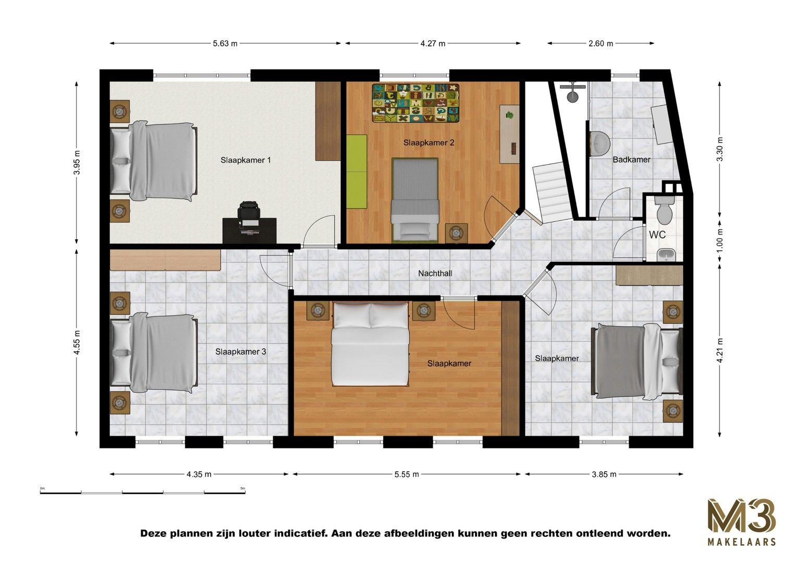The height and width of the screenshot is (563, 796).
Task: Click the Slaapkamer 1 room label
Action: [246, 160]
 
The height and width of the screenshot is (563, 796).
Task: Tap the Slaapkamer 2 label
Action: [428, 142]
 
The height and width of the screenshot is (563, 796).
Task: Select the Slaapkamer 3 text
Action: [240, 352]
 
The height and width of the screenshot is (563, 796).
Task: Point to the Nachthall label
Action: [435, 273]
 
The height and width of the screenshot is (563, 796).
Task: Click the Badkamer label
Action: [631, 160]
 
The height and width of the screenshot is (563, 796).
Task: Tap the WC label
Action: [657, 235]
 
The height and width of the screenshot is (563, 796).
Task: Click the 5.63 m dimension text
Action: [225, 44]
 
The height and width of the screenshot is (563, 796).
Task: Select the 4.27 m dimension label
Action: [433, 44]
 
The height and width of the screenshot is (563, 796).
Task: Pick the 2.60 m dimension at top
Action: [601, 44]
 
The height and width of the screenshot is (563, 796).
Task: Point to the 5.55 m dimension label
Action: [406, 474]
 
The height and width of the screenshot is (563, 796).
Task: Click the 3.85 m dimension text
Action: [604, 474]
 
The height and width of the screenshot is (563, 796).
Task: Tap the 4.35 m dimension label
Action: [199, 474]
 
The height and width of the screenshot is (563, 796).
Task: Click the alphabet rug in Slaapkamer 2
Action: [415, 103]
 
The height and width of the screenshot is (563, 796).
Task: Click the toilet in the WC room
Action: [664, 210]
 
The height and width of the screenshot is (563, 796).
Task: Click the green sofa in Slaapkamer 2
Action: [357, 172]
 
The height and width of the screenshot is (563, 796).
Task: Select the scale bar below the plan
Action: [142, 492]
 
